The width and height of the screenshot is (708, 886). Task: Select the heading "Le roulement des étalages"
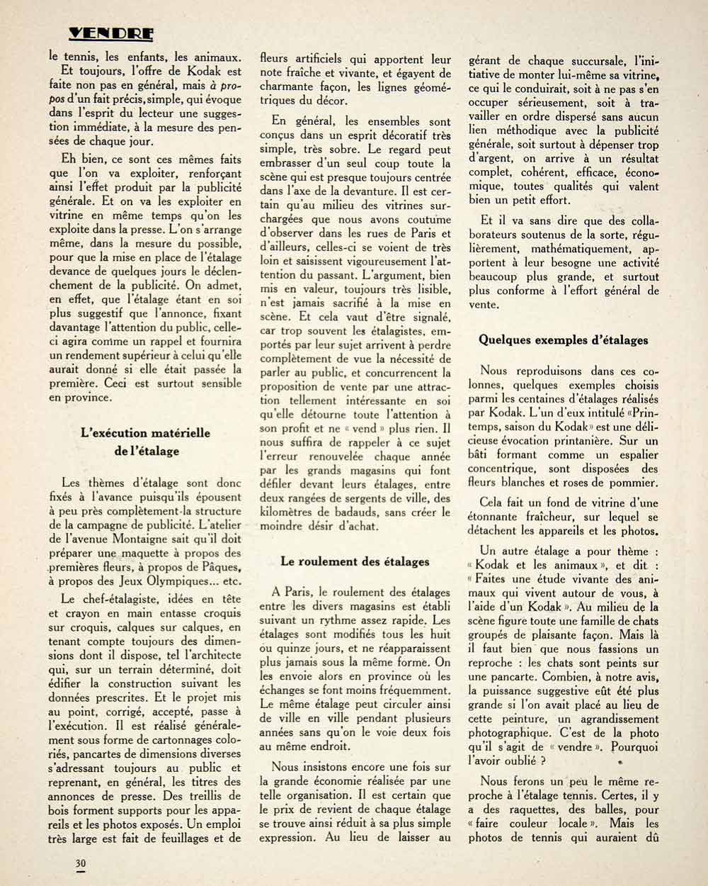click(355, 561)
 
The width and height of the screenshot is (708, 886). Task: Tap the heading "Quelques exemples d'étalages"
click(563, 340)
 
